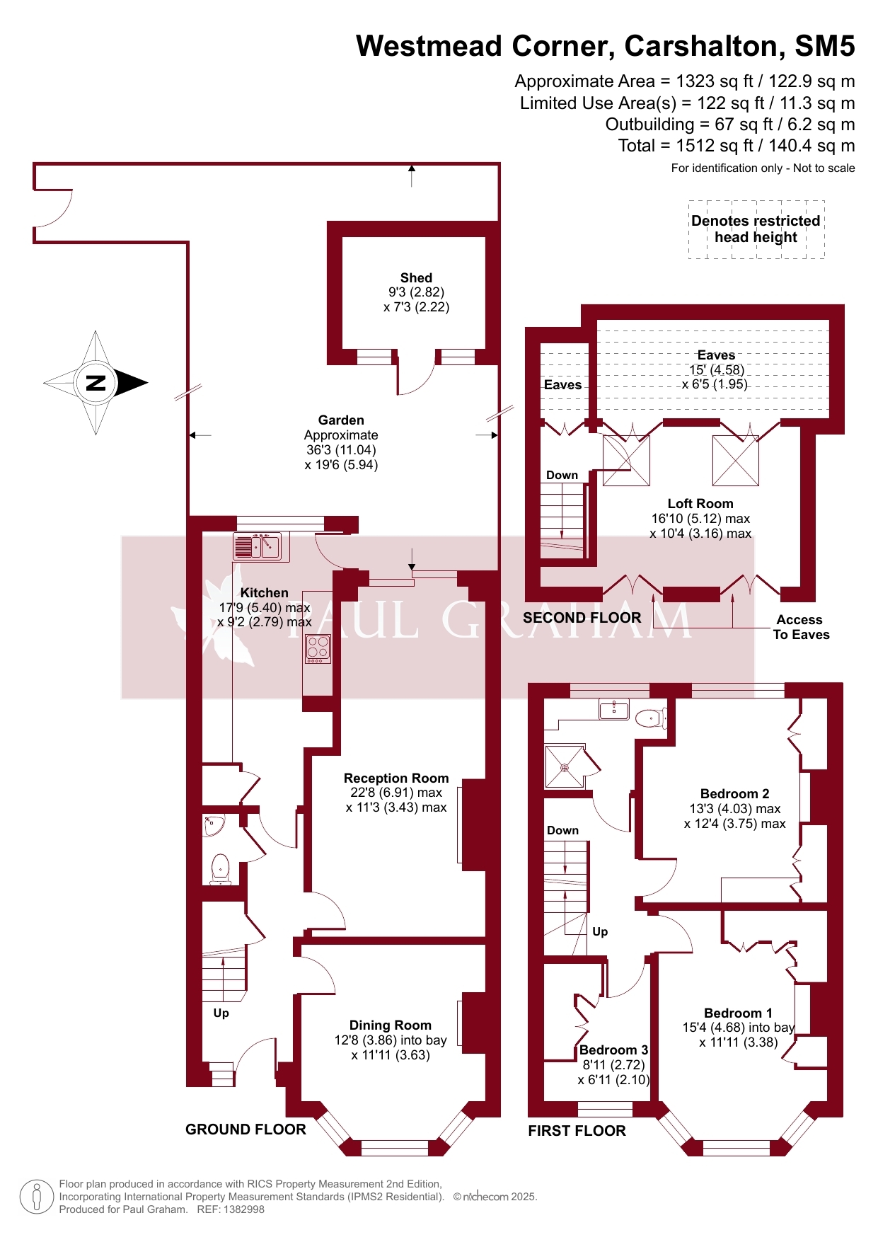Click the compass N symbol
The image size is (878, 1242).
click(96, 383)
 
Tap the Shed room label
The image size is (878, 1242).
click(416, 278)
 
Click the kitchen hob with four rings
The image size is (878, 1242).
click(318, 649)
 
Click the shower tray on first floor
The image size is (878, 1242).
click(565, 766)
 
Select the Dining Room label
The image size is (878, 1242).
click(391, 1025)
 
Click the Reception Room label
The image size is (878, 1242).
click(396, 778)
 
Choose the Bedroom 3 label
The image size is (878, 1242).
click(613, 1050)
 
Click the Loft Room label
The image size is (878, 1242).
click(700, 503)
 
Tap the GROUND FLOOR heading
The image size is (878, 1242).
click(246, 1129)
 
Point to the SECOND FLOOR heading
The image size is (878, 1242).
click(582, 618)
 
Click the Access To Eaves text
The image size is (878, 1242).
click(800, 627)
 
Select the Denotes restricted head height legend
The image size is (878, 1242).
click(756, 229)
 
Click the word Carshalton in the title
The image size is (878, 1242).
click(704, 46)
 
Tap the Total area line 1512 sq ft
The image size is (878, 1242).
click(737, 146)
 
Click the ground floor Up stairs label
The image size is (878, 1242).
click(221, 1013)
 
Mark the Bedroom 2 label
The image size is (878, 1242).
click(734, 793)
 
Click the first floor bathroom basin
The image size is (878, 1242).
click(614, 708)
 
